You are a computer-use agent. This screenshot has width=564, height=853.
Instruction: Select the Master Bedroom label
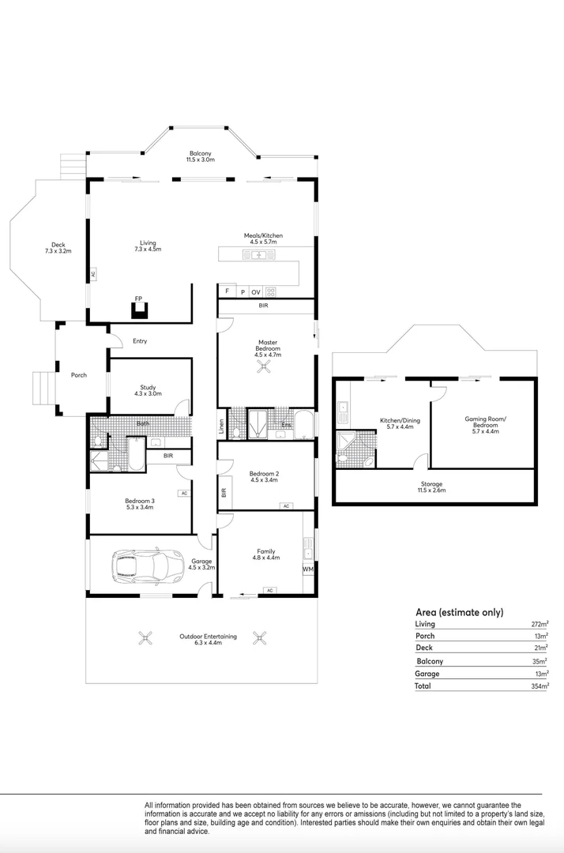pyautogui.click(x=268, y=348)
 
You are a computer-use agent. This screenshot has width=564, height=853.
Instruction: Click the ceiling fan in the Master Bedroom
pyautogui.click(x=265, y=368)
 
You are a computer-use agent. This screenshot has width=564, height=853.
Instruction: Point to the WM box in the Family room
pyautogui.click(x=308, y=569)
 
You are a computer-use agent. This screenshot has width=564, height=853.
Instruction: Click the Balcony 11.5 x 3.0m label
pyautogui.click(x=200, y=156)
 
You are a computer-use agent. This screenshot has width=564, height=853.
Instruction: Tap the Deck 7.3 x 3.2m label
pyautogui.click(x=58, y=248)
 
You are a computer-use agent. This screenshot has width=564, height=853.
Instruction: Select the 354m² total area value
pyautogui.click(x=540, y=686)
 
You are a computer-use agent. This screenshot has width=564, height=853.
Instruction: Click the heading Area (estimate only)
pyautogui.click(x=460, y=612)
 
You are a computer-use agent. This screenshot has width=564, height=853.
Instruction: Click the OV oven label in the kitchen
pyautogui.click(x=256, y=292)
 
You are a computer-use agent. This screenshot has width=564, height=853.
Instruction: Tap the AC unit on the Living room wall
pyautogui.click(x=93, y=274)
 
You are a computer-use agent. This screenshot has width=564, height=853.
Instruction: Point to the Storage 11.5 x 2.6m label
pyautogui.click(x=431, y=487)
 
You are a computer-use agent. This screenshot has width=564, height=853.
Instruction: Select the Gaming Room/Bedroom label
pyautogui.click(x=485, y=425)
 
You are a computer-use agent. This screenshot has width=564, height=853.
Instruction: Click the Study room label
pyautogui.click(x=148, y=390)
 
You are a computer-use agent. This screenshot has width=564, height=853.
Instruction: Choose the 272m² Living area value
pyautogui.click(x=540, y=624)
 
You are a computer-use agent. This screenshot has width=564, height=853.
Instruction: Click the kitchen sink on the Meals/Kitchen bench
pyautogui.click(x=259, y=254)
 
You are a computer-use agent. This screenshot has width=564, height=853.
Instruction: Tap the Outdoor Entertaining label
pyautogui.click(x=209, y=639)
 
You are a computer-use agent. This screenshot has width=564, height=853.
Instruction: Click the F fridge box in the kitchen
pyautogui.click(x=227, y=291)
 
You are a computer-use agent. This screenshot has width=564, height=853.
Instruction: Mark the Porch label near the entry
pyautogui.click(x=79, y=375)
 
